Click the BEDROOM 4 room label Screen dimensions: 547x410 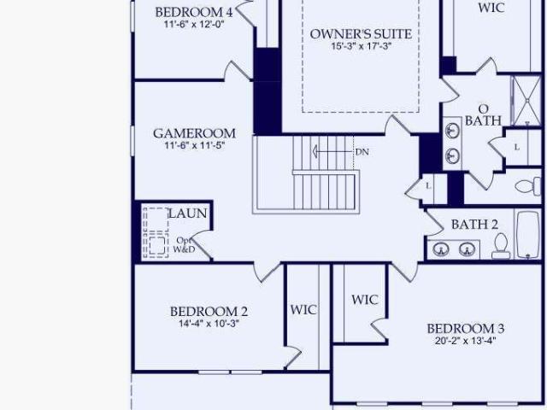point(194,12)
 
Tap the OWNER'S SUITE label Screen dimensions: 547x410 point(361,34)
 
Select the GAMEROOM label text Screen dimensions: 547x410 point(194,133)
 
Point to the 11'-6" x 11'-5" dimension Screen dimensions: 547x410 point(194,145)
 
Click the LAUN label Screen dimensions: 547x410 point(188,214)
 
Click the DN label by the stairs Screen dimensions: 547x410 point(362,152)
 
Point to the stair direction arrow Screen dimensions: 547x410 point(332,152)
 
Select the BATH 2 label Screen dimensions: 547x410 point(474,225)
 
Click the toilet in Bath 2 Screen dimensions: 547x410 point(501,246)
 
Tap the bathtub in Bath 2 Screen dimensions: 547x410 point(527,235)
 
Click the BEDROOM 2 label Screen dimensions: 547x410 point(209,311)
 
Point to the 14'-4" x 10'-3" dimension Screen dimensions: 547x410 point(209,324)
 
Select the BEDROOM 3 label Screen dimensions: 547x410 point(465,329)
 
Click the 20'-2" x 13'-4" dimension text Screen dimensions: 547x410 point(465,341)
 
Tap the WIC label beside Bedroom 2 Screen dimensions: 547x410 point(303,309)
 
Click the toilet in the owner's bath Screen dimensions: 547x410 point(528,186)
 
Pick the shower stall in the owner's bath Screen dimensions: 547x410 point(526,101)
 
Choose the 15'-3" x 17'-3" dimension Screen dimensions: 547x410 point(361,46)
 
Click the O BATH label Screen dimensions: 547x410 point(483,115)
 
